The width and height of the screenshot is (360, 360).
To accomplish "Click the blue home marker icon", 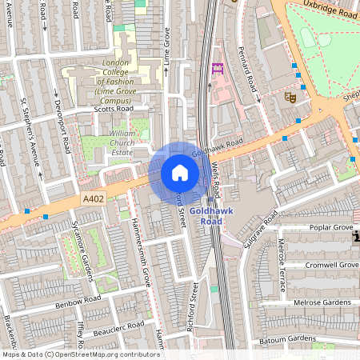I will (x=180, y=173).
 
